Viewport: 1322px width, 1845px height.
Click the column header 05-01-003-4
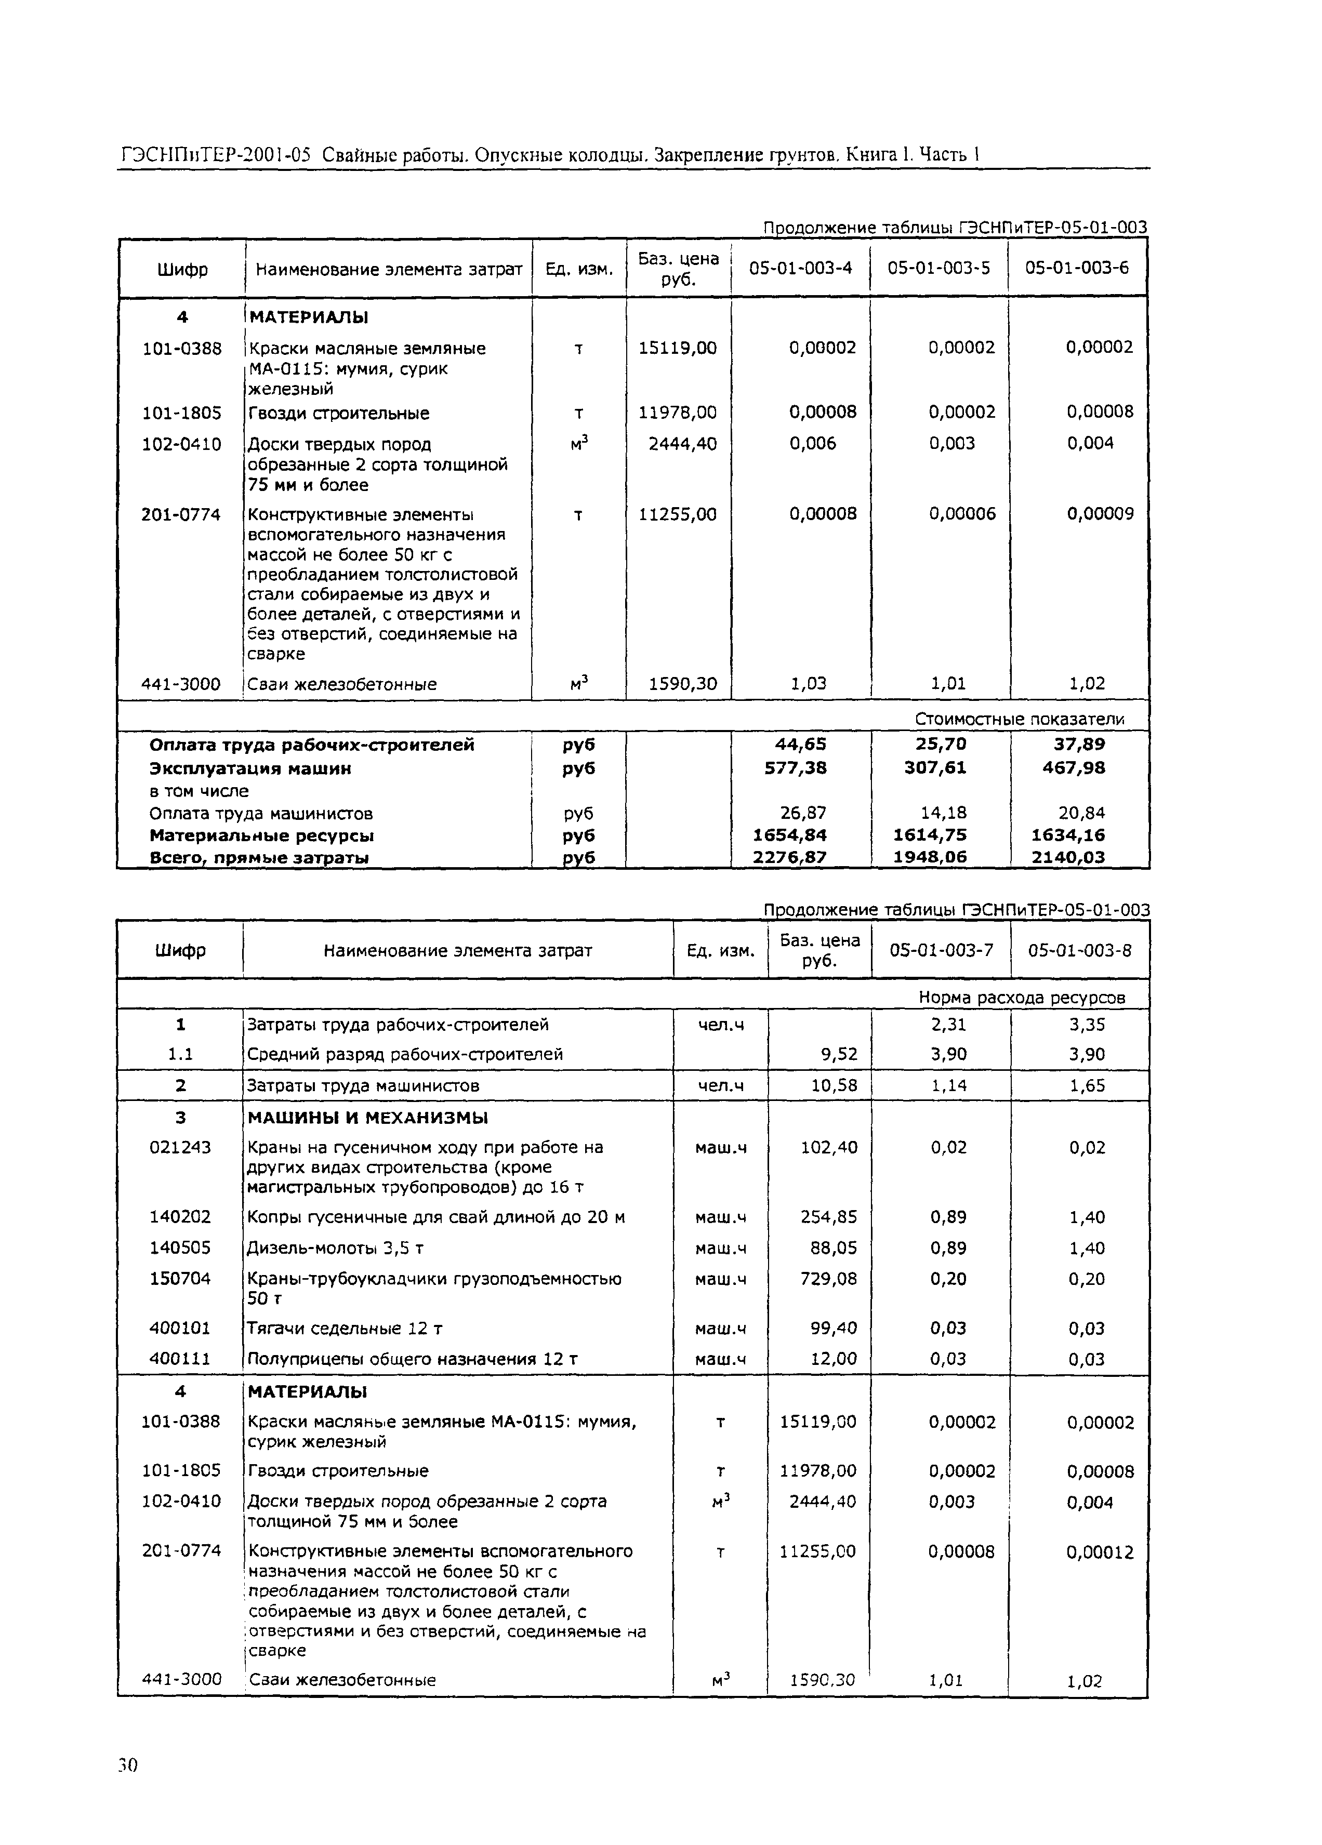click(x=800, y=269)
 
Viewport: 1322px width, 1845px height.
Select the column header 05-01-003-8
click(x=1079, y=950)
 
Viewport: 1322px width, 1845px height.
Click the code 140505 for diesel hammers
click(x=180, y=1248)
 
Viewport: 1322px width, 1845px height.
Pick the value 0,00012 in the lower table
click(x=1100, y=1552)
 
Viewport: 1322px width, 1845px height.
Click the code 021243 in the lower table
click(x=180, y=1147)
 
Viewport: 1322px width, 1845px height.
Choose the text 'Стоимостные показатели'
click(x=1020, y=719)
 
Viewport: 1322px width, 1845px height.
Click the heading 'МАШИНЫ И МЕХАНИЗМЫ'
click(x=368, y=1118)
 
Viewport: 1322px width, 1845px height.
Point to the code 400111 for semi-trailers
click(x=180, y=1359)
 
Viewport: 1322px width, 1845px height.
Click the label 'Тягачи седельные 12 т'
click(x=345, y=1329)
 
